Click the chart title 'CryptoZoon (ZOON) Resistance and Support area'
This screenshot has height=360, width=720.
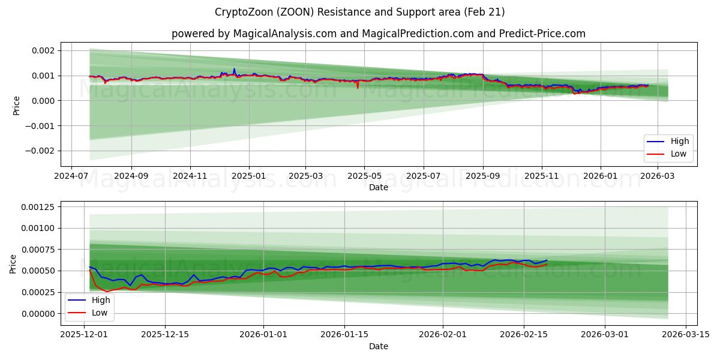coord(359,12)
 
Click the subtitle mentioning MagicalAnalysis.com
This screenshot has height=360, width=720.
coord(378,34)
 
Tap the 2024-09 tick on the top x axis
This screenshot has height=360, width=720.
coord(131,176)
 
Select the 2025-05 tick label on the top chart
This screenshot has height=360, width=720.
coord(364,176)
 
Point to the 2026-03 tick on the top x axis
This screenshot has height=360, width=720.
coord(659,176)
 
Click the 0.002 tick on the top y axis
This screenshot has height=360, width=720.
coord(43,50)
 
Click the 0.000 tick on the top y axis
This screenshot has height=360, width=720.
coord(43,101)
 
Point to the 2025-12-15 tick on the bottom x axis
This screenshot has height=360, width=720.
coord(165,335)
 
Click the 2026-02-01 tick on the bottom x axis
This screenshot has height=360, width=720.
coord(443,335)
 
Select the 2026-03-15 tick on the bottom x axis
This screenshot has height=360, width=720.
coord(683,335)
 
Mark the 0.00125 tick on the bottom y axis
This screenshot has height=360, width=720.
coord(38,207)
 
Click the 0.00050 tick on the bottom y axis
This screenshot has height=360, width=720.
coord(38,271)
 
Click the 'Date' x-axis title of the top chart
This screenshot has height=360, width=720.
coord(378,187)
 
